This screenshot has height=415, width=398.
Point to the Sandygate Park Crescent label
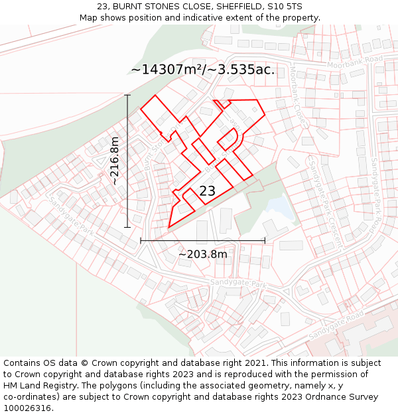point(324,199)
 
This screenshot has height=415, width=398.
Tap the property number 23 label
point(207,191)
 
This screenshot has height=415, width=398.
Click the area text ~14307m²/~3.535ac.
point(202,70)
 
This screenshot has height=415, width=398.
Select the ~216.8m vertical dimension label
point(115,161)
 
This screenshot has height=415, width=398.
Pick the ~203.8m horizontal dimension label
point(202,254)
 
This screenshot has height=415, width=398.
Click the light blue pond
point(281,208)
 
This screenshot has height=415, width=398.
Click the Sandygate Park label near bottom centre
point(237,284)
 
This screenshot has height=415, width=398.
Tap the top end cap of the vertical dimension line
point(127,95)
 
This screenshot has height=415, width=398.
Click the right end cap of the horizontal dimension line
point(265,240)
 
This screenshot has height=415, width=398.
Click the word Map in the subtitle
point(90,18)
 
